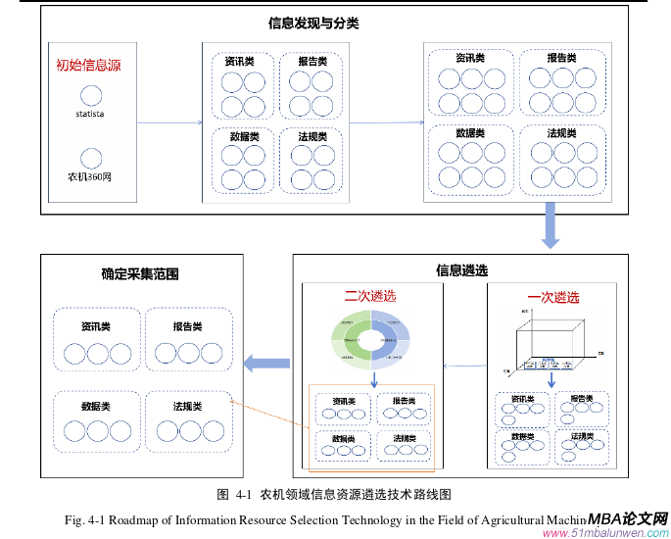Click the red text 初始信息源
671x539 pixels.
pos(88,66)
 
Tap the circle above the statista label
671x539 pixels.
pos(90,95)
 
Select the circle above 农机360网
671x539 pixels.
pos(91,157)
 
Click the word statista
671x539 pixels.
pos(90,115)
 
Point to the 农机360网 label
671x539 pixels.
pos(89,177)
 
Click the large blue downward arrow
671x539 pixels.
pos(550,225)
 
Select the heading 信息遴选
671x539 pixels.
pos(461,270)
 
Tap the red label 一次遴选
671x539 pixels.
pos(552,297)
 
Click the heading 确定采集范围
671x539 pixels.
pos(140,274)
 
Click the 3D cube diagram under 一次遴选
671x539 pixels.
pos(552,339)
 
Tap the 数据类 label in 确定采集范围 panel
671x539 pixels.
pos(95,406)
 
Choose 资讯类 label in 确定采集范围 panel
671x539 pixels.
pos(95,326)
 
